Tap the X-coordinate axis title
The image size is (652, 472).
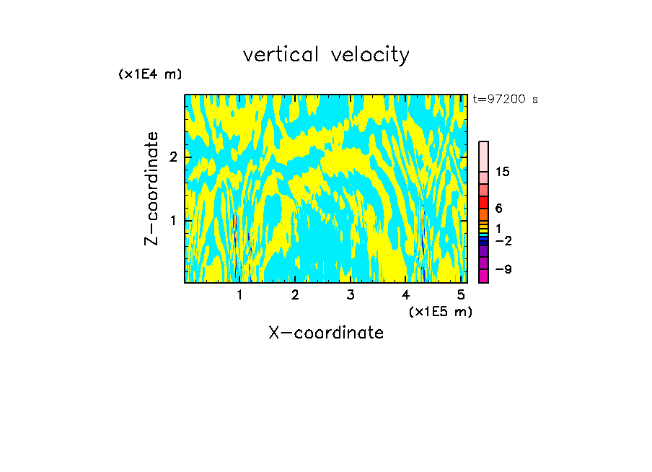(x=326, y=333)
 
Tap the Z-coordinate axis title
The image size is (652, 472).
(x=151, y=188)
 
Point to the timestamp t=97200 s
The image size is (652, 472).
(x=505, y=100)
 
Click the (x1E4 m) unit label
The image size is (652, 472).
(x=150, y=74)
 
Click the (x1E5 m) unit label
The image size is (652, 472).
(x=440, y=312)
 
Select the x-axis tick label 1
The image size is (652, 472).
(x=239, y=294)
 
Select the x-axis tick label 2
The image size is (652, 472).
(x=295, y=294)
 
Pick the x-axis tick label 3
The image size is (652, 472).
(x=350, y=294)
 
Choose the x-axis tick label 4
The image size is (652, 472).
(x=405, y=294)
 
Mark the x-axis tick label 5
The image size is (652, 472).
(x=460, y=294)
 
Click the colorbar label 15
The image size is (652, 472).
(x=503, y=172)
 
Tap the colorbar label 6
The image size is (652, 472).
(x=498, y=209)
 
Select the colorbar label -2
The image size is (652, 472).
(x=503, y=241)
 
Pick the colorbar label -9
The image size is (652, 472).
(x=503, y=270)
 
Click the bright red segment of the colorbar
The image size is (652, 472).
(x=483, y=202)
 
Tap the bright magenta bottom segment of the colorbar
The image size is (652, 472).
(x=483, y=276)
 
